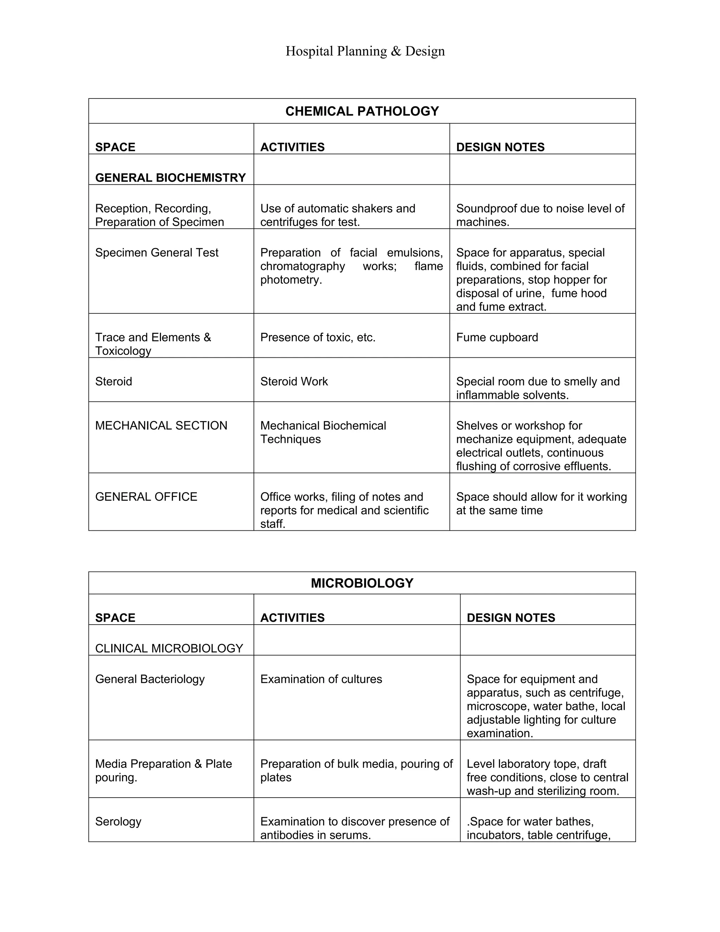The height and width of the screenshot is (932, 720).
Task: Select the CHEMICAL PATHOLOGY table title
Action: pos(362,111)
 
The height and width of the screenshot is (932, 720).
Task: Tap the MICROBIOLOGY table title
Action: pos(362,583)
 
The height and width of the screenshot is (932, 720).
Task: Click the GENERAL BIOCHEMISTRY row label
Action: pos(170,178)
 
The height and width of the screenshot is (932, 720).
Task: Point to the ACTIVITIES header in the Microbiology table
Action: pos(292,618)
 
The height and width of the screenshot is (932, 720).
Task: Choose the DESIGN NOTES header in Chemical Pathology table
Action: pos(500,147)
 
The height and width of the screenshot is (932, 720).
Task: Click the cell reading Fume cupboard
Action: pos(497,337)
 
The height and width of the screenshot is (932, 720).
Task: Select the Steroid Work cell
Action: pos(294,381)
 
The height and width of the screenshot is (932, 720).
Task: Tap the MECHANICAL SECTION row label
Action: pos(161,426)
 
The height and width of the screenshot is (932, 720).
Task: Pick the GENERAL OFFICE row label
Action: pos(146,497)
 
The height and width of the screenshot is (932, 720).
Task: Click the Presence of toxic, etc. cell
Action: pos(318,337)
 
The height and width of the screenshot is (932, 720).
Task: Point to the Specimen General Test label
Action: pos(156,253)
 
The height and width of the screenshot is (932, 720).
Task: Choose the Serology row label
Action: pos(118,822)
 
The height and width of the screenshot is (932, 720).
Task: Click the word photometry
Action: pos(290,280)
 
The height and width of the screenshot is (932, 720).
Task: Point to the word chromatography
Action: pos(302,266)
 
